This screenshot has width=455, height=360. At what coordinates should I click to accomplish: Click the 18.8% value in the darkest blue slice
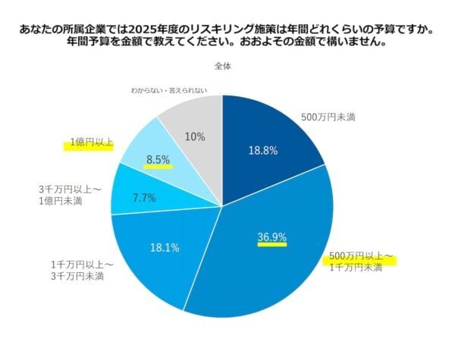pyautogui.click(x=262, y=150)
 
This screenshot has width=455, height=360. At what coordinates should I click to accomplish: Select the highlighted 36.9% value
pyautogui.click(x=271, y=237)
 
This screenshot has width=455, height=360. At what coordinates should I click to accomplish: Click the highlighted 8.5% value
pyautogui.click(x=158, y=160)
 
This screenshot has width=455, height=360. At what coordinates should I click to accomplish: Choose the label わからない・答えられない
pyautogui.click(x=168, y=90)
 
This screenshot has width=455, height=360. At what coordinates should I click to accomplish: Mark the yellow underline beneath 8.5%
pyautogui.click(x=158, y=167)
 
